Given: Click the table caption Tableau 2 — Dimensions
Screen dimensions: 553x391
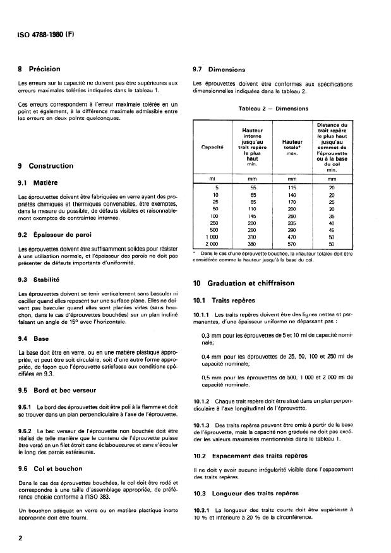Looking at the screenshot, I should coord(273,108).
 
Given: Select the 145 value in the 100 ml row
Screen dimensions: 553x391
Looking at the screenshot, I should coord(253,215).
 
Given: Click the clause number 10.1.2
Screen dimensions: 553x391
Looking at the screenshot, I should coord(203,400).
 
